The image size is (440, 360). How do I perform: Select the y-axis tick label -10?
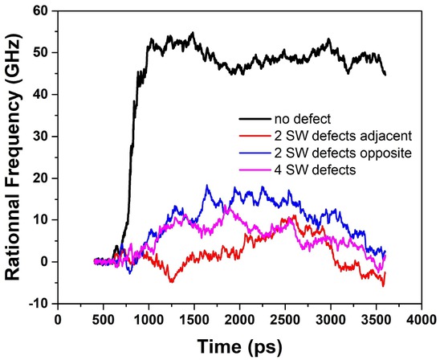pos(36,304)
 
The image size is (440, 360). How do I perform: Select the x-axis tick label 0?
pos(57,318)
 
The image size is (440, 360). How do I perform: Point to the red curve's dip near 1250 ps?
pos(171,282)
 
